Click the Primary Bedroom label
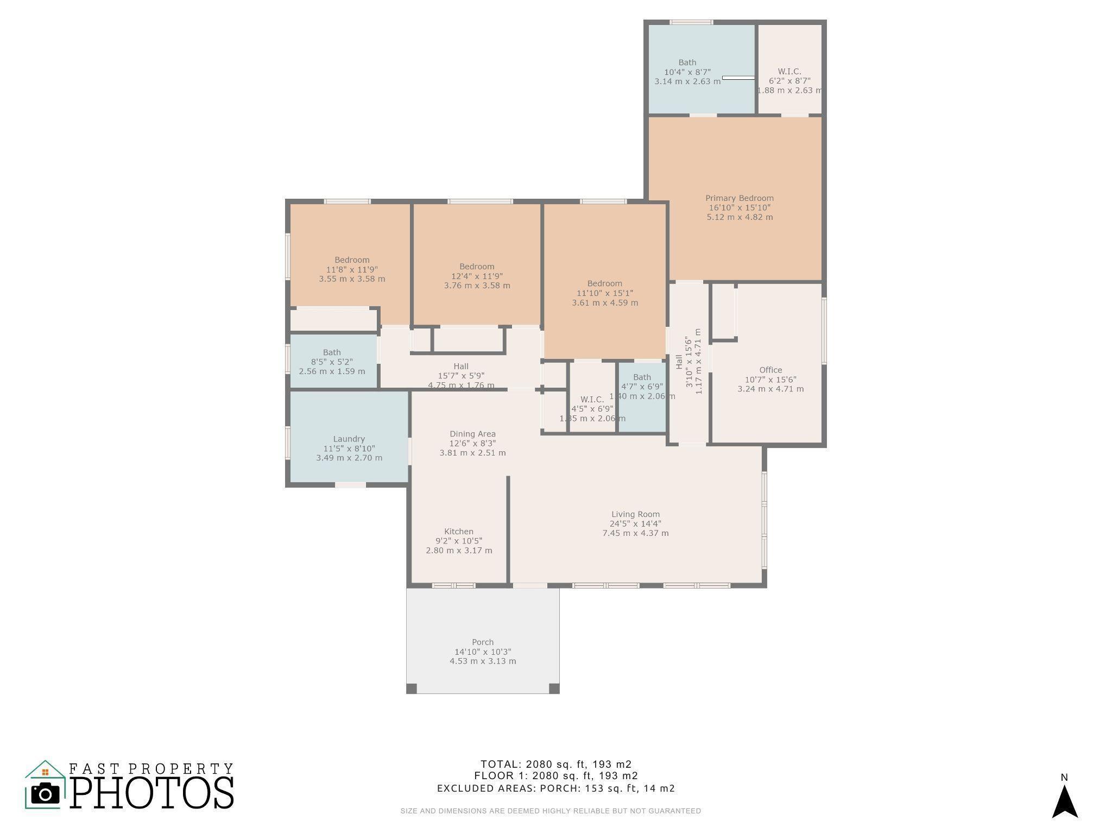coord(739,198)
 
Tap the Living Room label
coord(635,514)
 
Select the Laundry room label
coord(349,439)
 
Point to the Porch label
coord(483,642)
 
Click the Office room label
coord(770,370)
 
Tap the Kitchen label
coord(459,532)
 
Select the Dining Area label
coord(472,434)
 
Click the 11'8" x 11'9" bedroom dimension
coord(352,269)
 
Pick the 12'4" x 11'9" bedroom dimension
coord(477,276)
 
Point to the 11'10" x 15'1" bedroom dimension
coord(605,293)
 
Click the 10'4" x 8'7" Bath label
coord(687,62)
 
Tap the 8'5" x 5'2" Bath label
coord(332,352)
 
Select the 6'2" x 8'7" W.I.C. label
coord(789,72)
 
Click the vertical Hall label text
coord(679,362)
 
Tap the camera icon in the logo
coord(45,794)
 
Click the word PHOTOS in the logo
coord(151,793)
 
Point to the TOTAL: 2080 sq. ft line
coord(555,764)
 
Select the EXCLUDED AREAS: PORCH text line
coord(555,788)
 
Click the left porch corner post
coord(412,688)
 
